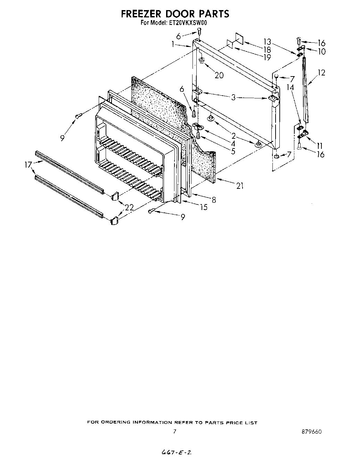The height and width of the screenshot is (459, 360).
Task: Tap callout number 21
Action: point(239,186)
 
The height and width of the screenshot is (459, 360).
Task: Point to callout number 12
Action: point(321,73)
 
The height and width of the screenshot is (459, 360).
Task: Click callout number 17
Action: point(28,164)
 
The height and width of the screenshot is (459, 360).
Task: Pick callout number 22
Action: point(129,208)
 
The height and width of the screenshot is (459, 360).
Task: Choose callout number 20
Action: point(219,75)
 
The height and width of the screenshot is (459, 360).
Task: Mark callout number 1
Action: point(173,44)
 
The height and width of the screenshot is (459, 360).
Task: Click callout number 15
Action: point(204,207)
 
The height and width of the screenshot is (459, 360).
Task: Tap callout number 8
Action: point(214,200)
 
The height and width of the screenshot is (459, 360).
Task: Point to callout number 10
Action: point(321,51)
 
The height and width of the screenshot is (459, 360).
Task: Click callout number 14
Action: point(290,88)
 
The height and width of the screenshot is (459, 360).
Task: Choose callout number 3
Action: point(233,98)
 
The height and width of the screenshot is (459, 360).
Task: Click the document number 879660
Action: point(312,432)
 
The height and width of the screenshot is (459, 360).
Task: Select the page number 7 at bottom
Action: point(174,432)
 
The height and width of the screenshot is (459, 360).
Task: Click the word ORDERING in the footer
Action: point(116,422)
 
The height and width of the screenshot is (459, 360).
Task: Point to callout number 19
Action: point(267,58)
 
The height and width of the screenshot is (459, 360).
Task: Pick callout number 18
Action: point(267,50)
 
